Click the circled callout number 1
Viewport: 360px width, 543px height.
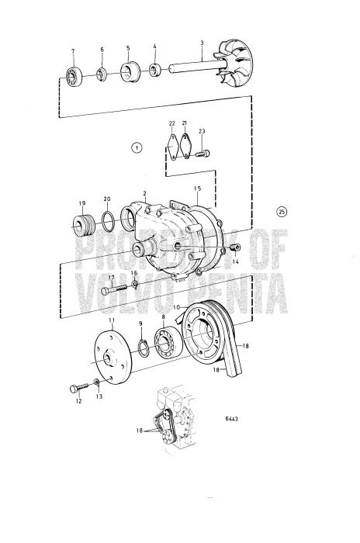(x=137, y=147)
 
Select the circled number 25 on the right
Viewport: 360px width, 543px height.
(x=281, y=212)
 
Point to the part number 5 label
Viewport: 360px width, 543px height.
(x=128, y=48)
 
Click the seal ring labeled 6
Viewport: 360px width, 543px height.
(x=101, y=74)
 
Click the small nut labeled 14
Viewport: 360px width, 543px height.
(x=235, y=247)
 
